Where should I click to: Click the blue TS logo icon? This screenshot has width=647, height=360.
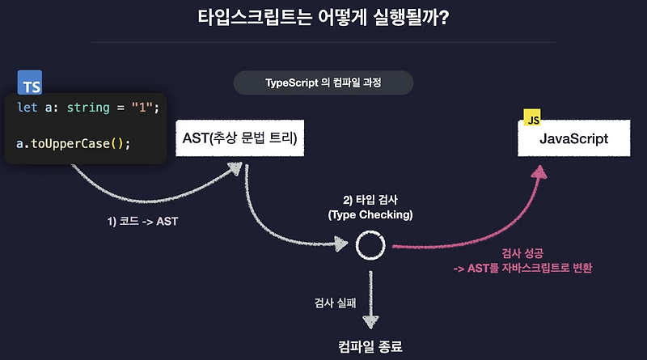click(x=30, y=83)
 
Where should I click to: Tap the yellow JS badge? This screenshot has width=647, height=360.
click(x=532, y=117)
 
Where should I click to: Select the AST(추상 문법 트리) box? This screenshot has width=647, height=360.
click(x=239, y=138)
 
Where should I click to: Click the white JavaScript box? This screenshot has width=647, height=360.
click(x=574, y=138)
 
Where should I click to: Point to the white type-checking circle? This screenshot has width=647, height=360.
click(x=370, y=232)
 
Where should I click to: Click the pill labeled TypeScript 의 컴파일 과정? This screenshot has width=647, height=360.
click(x=323, y=83)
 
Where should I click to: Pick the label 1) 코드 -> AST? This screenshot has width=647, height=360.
click(x=142, y=222)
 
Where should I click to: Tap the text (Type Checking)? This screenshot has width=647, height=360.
click(x=370, y=215)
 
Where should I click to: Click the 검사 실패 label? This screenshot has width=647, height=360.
click(x=335, y=303)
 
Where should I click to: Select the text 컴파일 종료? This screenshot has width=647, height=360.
click(x=370, y=346)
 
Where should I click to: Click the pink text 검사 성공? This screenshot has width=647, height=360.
click(x=522, y=253)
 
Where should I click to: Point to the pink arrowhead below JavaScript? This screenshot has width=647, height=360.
click(x=539, y=172)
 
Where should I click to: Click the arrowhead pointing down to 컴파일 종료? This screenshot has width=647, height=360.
click(x=370, y=322)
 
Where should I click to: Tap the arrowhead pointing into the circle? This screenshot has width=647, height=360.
click(x=340, y=244)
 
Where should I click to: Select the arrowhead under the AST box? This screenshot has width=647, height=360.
click(x=235, y=168)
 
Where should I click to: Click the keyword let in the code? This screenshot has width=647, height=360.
click(x=27, y=108)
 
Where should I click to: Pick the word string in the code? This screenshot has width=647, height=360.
click(x=88, y=108)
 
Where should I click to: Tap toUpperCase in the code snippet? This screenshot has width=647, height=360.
click(x=70, y=144)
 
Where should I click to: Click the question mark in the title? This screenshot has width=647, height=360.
click(x=443, y=17)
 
